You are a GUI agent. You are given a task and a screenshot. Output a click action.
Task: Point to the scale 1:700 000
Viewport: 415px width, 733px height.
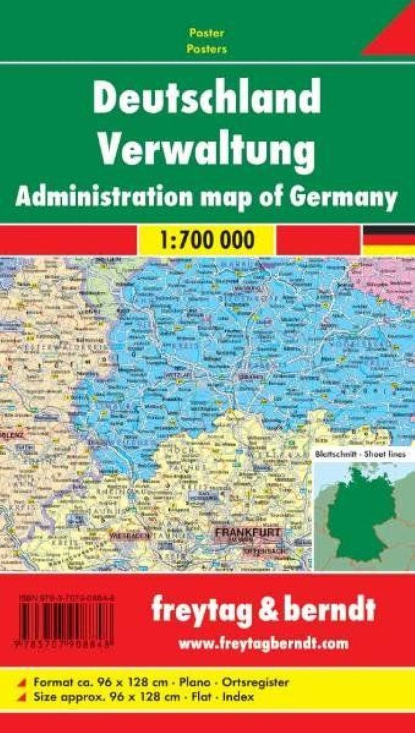[x=206, y=239]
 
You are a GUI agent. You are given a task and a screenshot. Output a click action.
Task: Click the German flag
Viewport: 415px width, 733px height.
[x=389, y=239]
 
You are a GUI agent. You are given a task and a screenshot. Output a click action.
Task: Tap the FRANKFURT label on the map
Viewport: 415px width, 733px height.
[x=248, y=532]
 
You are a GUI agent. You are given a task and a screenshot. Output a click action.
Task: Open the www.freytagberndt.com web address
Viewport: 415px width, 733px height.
[x=263, y=644]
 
